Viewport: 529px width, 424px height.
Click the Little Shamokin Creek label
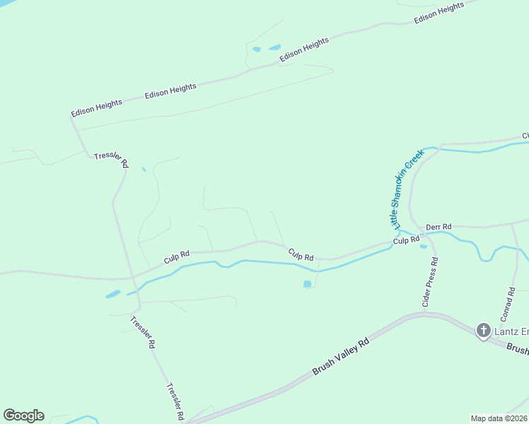[407, 188]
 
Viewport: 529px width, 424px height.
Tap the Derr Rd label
[438, 226]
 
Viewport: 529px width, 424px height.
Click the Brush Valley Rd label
[341, 356]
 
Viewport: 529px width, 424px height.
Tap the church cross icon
[484, 330]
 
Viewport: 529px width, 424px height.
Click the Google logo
[23, 416]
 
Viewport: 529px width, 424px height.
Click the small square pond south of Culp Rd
[307, 284]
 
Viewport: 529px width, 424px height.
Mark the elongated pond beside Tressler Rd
[113, 294]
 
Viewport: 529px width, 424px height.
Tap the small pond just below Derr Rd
[424, 247]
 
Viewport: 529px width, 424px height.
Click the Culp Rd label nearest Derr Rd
[406, 241]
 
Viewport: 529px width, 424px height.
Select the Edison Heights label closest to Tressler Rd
[96, 107]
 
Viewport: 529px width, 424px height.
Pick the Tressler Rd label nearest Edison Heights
[112, 160]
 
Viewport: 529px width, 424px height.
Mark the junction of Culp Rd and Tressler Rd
[132, 277]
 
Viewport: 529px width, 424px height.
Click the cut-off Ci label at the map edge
[525, 135]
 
